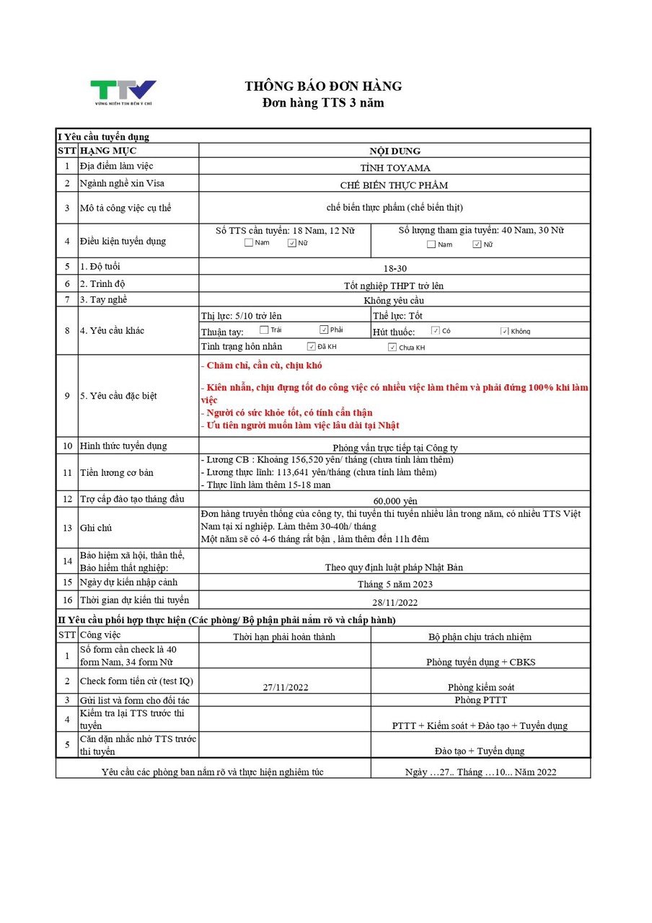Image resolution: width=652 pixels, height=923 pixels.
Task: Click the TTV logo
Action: click(x=123, y=92)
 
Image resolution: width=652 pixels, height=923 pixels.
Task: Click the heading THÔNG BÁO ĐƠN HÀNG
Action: click(x=323, y=87)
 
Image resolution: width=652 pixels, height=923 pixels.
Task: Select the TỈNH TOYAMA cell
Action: click(x=395, y=167)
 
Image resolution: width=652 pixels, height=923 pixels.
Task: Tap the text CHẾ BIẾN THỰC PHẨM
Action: click(x=394, y=185)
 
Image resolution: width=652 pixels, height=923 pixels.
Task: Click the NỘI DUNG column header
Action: click(x=395, y=151)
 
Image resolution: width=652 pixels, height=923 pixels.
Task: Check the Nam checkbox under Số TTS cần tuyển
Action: click(x=249, y=243)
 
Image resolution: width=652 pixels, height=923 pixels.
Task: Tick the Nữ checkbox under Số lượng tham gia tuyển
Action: click(x=477, y=244)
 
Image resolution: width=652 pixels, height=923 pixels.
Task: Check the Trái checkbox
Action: click(x=265, y=330)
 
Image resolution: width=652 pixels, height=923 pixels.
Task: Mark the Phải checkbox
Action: click(x=325, y=330)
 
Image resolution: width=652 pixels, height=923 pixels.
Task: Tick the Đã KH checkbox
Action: click(x=312, y=347)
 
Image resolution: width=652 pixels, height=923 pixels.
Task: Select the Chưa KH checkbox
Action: click(x=392, y=348)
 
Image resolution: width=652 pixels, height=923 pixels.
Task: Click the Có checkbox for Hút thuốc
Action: click(x=436, y=331)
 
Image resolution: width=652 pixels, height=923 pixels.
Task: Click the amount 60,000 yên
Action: click(x=395, y=500)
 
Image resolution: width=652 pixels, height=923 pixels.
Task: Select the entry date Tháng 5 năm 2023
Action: click(x=395, y=584)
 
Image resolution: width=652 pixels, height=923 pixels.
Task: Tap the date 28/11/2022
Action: click(x=395, y=601)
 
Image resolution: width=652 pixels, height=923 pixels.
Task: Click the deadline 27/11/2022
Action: click(x=285, y=687)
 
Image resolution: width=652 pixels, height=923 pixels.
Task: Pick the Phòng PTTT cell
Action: click(x=480, y=700)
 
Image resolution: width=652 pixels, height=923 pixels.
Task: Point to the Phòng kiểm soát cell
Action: click(x=480, y=687)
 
